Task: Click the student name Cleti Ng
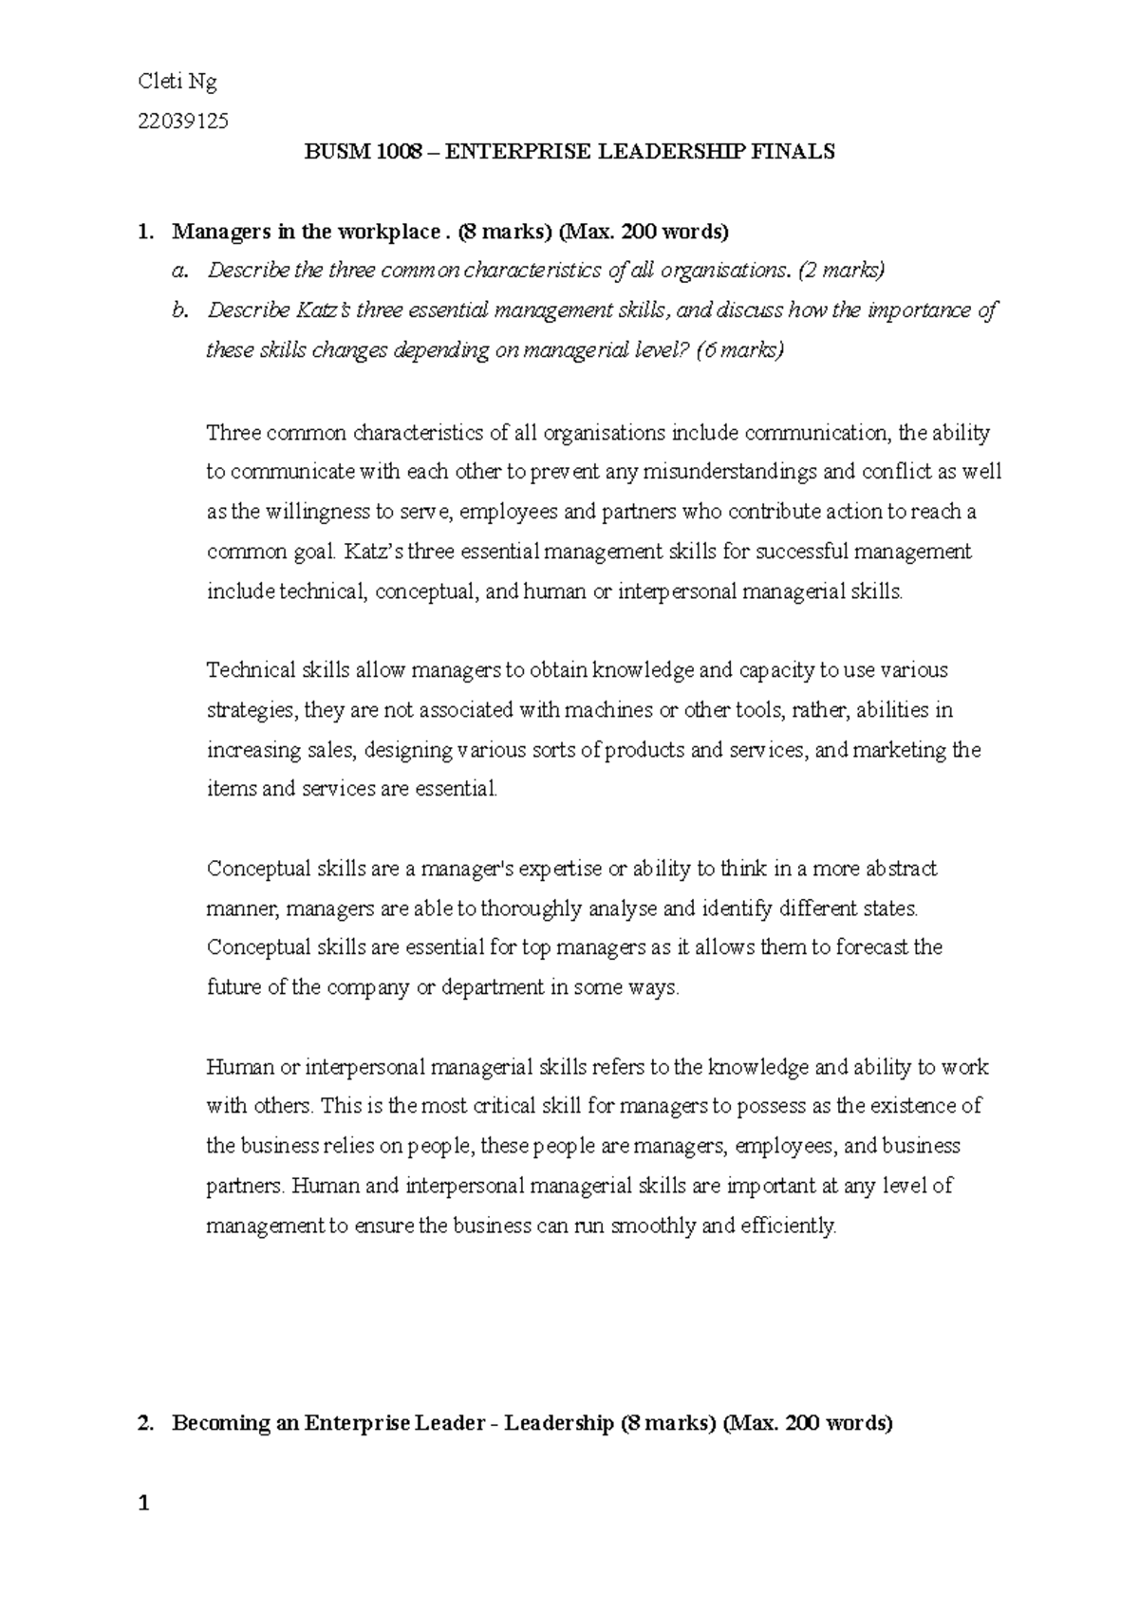(177, 82)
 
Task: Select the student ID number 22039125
(183, 121)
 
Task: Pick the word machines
(606, 710)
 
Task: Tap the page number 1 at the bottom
(143, 1503)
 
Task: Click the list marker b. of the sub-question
(179, 310)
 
